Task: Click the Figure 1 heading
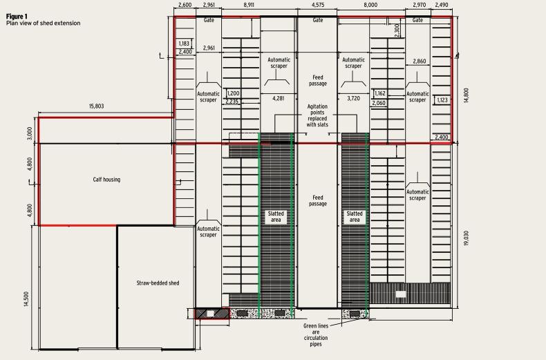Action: point(17,17)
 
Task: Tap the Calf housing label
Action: point(106,180)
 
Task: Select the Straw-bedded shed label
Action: point(158,283)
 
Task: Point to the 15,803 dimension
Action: point(97,106)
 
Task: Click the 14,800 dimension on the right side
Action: point(467,95)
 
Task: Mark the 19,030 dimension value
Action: point(467,238)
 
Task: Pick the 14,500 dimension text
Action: point(27,299)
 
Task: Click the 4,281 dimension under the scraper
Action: point(279,99)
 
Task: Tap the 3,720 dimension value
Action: point(353,99)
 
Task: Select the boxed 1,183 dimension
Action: point(184,44)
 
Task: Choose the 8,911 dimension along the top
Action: point(249,5)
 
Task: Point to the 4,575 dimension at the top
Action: point(318,5)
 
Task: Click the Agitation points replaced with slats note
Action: point(317,115)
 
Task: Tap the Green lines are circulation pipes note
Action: point(315,335)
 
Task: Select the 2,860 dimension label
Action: point(420,61)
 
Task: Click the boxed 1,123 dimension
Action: point(442,100)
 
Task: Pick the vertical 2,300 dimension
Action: point(397,30)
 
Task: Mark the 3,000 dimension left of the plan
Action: point(30,133)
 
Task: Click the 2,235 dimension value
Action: point(232,102)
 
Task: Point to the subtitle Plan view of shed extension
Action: point(43,23)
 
